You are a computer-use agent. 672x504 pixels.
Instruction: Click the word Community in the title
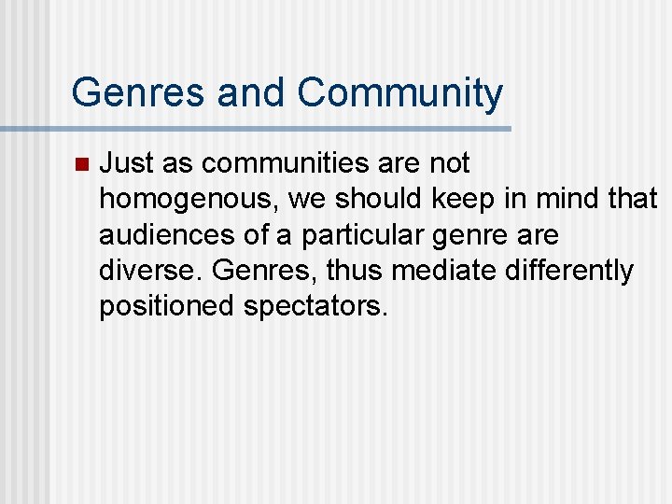coord(399,93)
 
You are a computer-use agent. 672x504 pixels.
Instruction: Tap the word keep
coord(462,200)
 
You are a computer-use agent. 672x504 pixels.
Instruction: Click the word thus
coord(355,272)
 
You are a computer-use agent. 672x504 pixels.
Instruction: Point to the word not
coord(449,164)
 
